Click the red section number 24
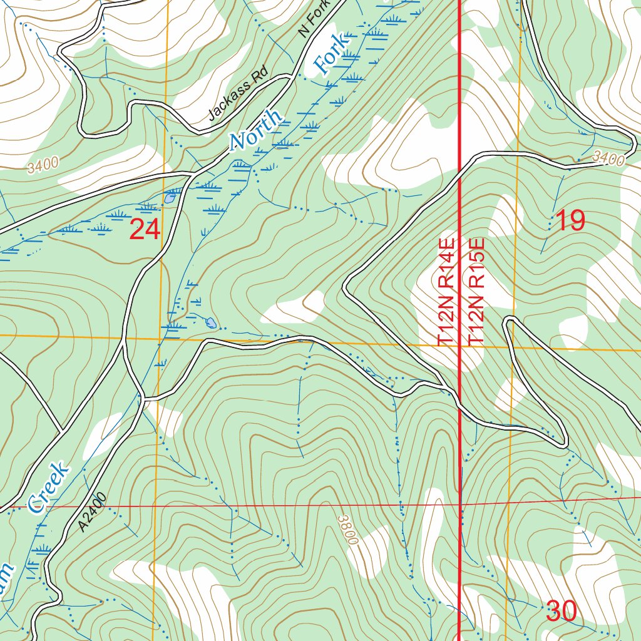click(x=145, y=230)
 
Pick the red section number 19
click(x=570, y=221)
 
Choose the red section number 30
click(x=561, y=611)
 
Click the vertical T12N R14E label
click(x=446, y=291)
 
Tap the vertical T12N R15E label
click(x=477, y=291)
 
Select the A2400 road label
click(x=93, y=512)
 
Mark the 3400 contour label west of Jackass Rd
click(x=43, y=165)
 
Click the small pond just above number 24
click(x=170, y=198)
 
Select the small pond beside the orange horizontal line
click(x=211, y=323)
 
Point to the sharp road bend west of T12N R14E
click(x=345, y=289)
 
